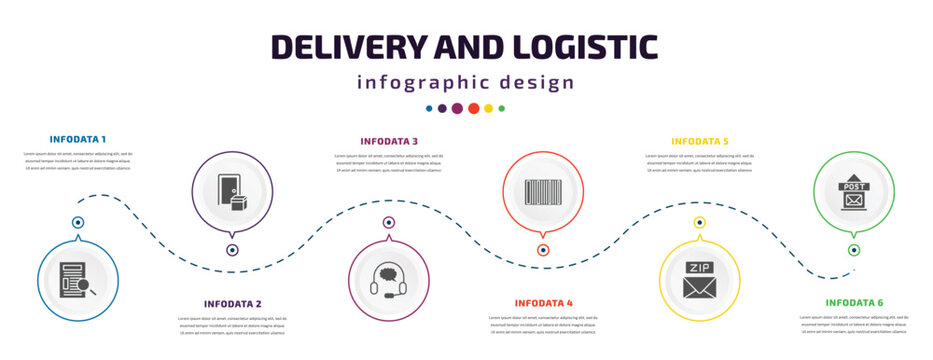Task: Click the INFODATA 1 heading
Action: (x=78, y=138)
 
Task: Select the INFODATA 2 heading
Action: (x=233, y=303)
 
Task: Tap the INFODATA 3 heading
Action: (x=390, y=141)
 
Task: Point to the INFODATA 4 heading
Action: (x=544, y=302)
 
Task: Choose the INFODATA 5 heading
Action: (x=700, y=141)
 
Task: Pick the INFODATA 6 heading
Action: (x=855, y=302)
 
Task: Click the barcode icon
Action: (x=544, y=192)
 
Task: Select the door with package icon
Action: (x=233, y=192)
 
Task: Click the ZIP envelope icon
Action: (x=700, y=279)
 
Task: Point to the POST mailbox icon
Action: (x=854, y=192)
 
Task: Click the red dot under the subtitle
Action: (x=473, y=108)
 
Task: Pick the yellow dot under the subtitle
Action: (x=488, y=108)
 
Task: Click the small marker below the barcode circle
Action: (x=544, y=250)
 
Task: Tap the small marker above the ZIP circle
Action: (x=700, y=222)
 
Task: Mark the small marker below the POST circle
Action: (x=854, y=250)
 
